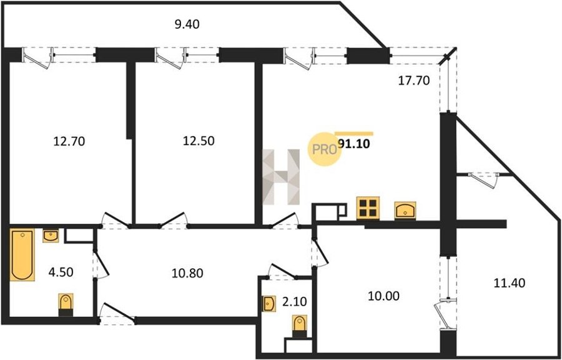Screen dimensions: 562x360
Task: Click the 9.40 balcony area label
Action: [x=186, y=25]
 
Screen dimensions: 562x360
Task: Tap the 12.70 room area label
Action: [x=69, y=142]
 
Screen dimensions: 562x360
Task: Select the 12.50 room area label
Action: [x=199, y=141]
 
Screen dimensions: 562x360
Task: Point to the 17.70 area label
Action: [x=414, y=81]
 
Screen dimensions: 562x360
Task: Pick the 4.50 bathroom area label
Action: [x=61, y=272]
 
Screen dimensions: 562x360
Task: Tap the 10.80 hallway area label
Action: [x=187, y=274]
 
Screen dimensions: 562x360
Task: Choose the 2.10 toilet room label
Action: [x=294, y=302]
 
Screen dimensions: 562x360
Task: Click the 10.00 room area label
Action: [x=383, y=296]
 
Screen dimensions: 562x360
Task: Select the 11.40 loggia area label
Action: [x=510, y=283]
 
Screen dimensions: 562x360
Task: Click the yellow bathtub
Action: [x=22, y=254]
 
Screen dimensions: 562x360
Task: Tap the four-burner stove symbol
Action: [x=368, y=207]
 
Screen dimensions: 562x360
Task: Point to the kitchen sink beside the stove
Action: [x=405, y=210]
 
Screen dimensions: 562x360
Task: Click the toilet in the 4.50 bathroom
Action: [x=66, y=305]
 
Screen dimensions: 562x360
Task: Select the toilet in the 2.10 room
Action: [x=300, y=326]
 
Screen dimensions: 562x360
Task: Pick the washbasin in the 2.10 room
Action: [x=269, y=304]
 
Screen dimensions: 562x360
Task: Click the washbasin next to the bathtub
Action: [x=51, y=236]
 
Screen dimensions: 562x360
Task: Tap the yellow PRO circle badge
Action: [x=323, y=149]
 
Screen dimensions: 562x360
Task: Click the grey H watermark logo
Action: [x=282, y=177]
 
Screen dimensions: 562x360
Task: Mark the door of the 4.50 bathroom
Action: [x=101, y=264]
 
